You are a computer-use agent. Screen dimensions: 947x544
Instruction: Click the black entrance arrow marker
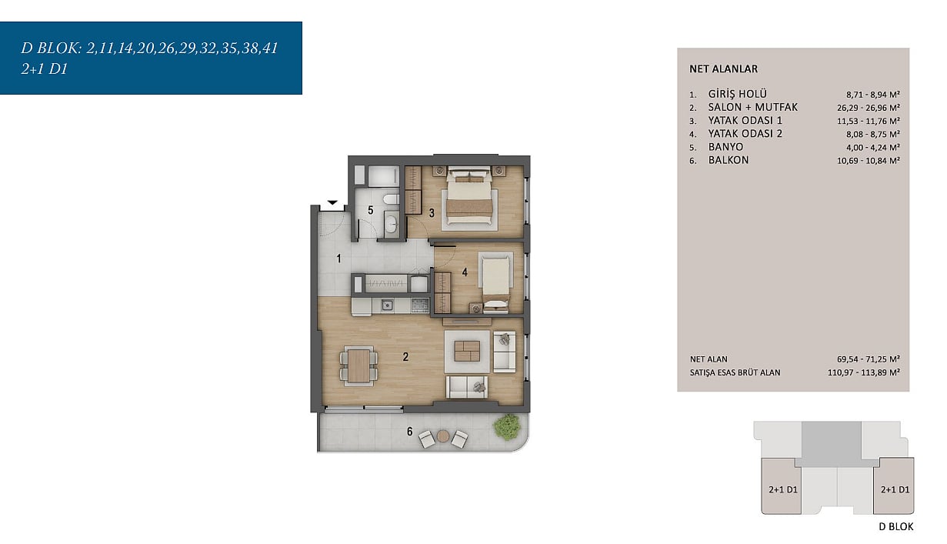click(332, 202)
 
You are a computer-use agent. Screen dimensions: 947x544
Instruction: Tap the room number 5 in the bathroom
click(370, 210)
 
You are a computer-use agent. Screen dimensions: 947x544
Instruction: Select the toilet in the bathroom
click(390, 199)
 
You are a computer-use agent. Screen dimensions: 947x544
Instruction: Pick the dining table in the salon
click(359, 366)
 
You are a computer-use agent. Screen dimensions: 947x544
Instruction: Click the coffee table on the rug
click(467, 351)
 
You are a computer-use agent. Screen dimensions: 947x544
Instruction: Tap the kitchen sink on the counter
click(387, 305)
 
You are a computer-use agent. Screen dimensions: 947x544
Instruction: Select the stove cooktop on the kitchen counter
click(420, 305)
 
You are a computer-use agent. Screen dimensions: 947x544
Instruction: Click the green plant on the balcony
click(507, 426)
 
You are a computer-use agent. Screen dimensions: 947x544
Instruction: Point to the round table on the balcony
click(443, 436)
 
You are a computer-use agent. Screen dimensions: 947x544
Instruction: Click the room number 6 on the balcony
click(410, 432)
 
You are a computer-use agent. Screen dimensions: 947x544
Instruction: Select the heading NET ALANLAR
click(723, 69)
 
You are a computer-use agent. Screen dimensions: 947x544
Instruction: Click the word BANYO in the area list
click(725, 147)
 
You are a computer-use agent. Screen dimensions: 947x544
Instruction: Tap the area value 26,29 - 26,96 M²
click(869, 108)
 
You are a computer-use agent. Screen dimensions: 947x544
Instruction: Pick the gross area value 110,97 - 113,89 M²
click(864, 372)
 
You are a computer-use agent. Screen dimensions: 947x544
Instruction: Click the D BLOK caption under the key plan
click(896, 526)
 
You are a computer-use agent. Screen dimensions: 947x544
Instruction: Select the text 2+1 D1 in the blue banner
click(45, 69)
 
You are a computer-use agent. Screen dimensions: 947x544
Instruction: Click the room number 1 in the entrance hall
click(338, 258)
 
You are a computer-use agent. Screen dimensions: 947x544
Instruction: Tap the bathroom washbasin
click(392, 222)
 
